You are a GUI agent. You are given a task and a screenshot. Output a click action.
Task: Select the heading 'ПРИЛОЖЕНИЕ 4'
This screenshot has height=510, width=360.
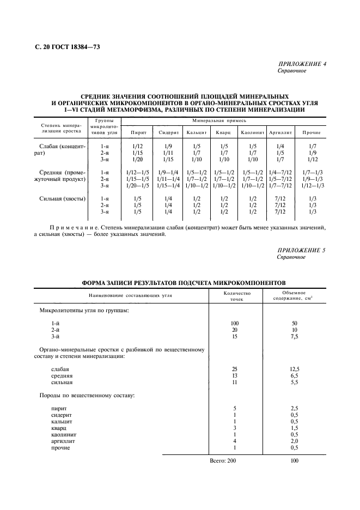(x=302, y=64)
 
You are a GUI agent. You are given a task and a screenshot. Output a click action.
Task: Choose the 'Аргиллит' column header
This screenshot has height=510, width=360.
(x=280, y=132)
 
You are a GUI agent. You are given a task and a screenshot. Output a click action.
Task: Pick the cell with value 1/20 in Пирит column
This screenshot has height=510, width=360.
(x=137, y=159)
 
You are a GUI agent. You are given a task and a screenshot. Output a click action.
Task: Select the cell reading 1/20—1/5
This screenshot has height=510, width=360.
(x=137, y=186)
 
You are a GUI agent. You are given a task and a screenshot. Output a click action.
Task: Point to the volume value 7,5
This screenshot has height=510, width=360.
(x=294, y=337)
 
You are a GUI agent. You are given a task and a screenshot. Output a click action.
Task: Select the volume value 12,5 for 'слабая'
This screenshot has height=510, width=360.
(x=294, y=369)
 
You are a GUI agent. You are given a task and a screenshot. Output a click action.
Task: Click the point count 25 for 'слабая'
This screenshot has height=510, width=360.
(x=235, y=369)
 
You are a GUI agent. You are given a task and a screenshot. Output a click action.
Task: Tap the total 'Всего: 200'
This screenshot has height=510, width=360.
(x=223, y=461)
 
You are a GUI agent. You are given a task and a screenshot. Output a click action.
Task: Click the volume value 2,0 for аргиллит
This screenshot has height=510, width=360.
(x=294, y=441)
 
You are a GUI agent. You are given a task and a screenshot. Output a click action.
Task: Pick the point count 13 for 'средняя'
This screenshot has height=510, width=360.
(x=235, y=376)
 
